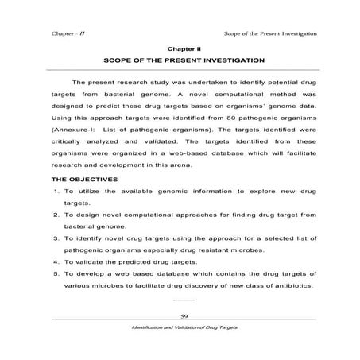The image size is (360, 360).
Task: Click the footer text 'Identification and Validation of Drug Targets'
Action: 183,328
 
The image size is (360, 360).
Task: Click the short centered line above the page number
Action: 183,300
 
